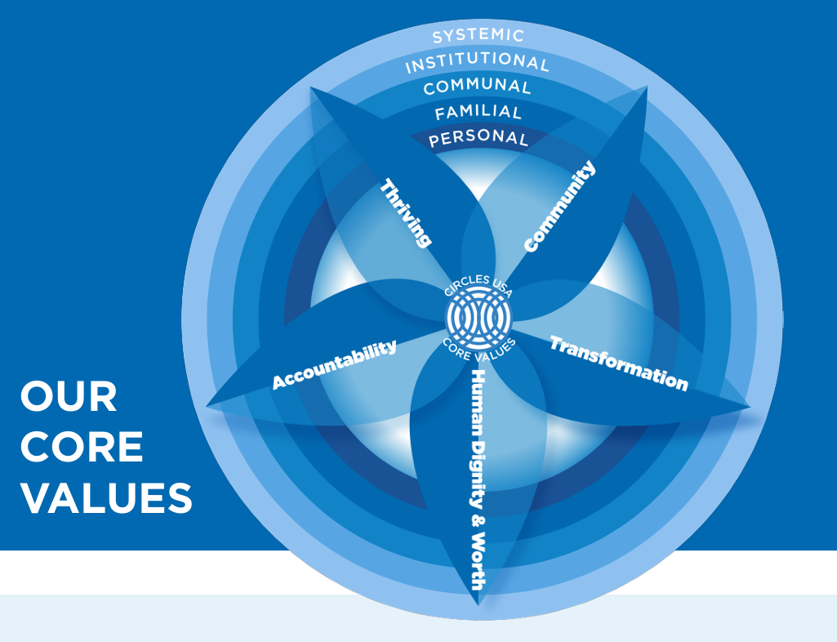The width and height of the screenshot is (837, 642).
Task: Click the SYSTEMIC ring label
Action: pos(478,36)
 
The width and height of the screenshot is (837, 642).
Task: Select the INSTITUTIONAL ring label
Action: pos(478,61)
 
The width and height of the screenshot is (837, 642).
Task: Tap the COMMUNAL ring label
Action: pos(478,87)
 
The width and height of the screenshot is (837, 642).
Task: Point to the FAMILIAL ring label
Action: pos(478,112)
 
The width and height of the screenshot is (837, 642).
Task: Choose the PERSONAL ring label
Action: pos(478,138)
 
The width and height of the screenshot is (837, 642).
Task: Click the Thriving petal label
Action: pos(405,212)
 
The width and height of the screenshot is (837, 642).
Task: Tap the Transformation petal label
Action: pos(618,363)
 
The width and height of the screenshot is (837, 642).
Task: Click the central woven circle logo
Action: pos(479,315)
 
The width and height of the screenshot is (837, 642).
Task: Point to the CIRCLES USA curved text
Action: pos(479,287)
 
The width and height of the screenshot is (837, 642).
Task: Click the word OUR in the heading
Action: pos(69,398)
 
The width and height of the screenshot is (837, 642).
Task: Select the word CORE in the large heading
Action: pos(82,448)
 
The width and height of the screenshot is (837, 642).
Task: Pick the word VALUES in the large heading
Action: pos(106,498)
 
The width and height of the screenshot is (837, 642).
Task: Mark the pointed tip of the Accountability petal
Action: pos(209,404)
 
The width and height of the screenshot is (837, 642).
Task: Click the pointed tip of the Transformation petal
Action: pos(748,405)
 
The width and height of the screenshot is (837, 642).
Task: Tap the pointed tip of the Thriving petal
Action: pos(311,88)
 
